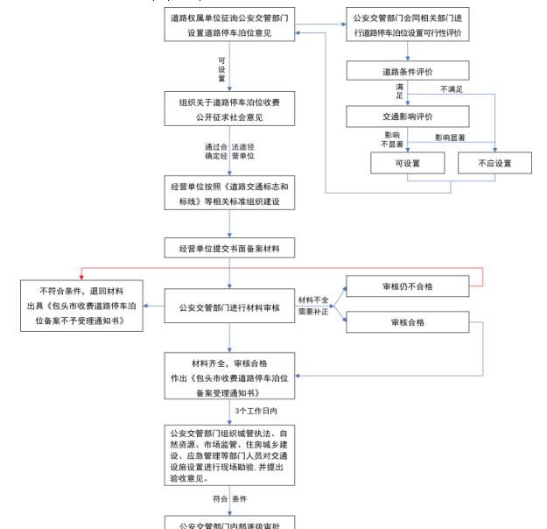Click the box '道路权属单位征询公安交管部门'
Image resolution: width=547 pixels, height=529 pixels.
[229, 25]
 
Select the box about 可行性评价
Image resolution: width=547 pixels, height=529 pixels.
[407, 25]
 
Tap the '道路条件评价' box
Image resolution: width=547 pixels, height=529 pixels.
[407, 72]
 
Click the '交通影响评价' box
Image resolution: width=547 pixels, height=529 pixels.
[407, 116]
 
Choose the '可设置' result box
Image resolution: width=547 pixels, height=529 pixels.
[407, 164]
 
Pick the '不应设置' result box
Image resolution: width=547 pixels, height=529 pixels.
[494, 164]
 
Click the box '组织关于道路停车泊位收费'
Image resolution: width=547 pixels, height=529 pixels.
[229, 109]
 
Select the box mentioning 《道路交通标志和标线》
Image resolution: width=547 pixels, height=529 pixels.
[229, 194]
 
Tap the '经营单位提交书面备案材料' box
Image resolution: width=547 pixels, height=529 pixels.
[229, 249]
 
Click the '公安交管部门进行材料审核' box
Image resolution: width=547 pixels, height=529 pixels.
[229, 308]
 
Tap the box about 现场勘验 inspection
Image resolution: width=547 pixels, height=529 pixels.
[229, 455]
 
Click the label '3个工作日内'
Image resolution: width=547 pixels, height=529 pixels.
[257, 410]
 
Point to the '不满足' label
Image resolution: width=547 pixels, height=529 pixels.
[452, 89]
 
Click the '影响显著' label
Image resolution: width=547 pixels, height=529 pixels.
[450, 138]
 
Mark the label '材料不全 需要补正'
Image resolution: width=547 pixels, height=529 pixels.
[313, 306]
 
